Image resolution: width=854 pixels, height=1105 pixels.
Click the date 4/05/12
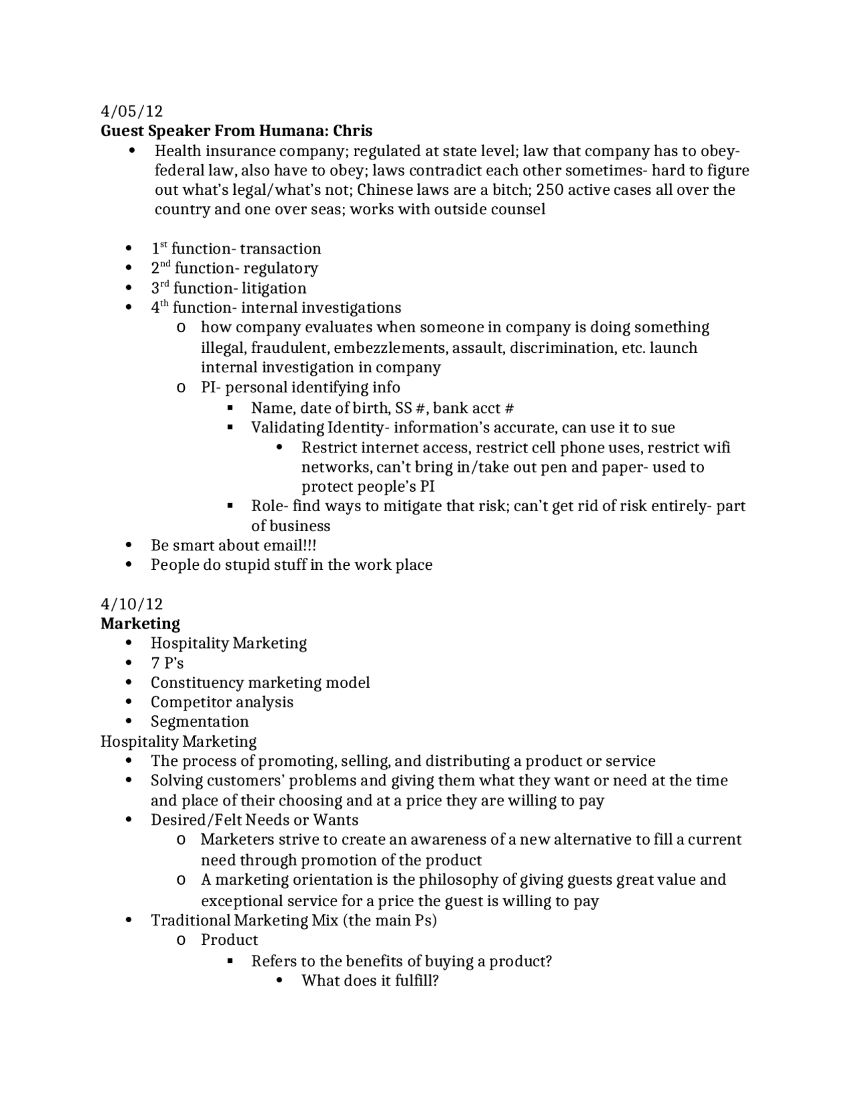pos(131,111)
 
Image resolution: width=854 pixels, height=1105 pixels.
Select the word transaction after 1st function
pos(280,249)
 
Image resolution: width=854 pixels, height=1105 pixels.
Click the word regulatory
pos(280,268)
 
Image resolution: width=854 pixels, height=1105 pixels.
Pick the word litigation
pos(273,288)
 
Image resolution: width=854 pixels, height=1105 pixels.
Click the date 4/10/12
pos(131,604)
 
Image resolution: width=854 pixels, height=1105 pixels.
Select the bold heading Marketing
pos(140,623)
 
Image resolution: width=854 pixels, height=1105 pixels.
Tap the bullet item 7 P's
pos(167,663)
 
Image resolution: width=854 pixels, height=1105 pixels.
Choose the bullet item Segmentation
pos(199,721)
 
